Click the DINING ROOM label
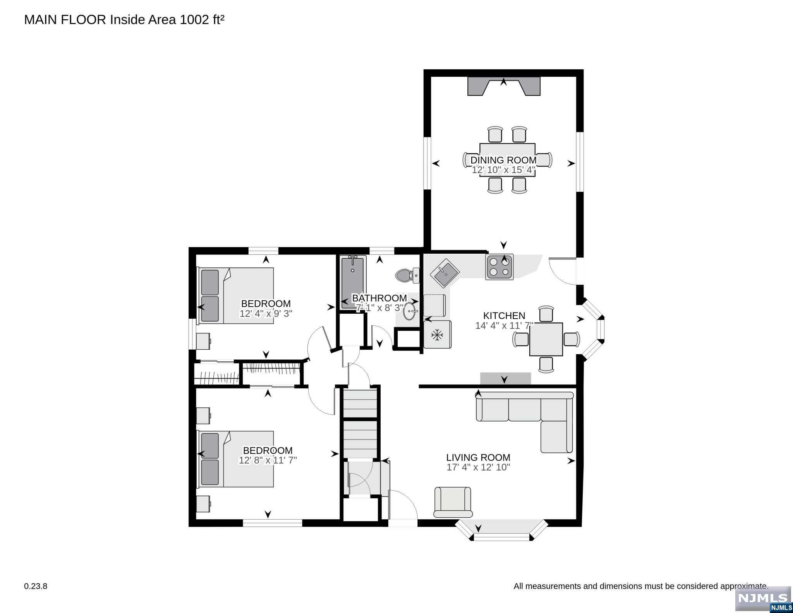503,160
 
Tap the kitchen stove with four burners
500,267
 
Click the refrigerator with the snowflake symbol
438,334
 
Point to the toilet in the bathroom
407,275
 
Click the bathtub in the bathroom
353,282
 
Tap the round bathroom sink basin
410,311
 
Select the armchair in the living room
453,502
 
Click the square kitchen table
546,339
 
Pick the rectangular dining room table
507,160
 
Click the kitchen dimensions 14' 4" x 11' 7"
504,326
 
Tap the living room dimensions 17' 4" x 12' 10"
478,467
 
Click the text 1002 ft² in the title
202,20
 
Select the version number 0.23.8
36,586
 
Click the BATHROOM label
379,298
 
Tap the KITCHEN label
504,316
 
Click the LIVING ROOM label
478,457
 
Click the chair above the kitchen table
546,314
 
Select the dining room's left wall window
427,163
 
